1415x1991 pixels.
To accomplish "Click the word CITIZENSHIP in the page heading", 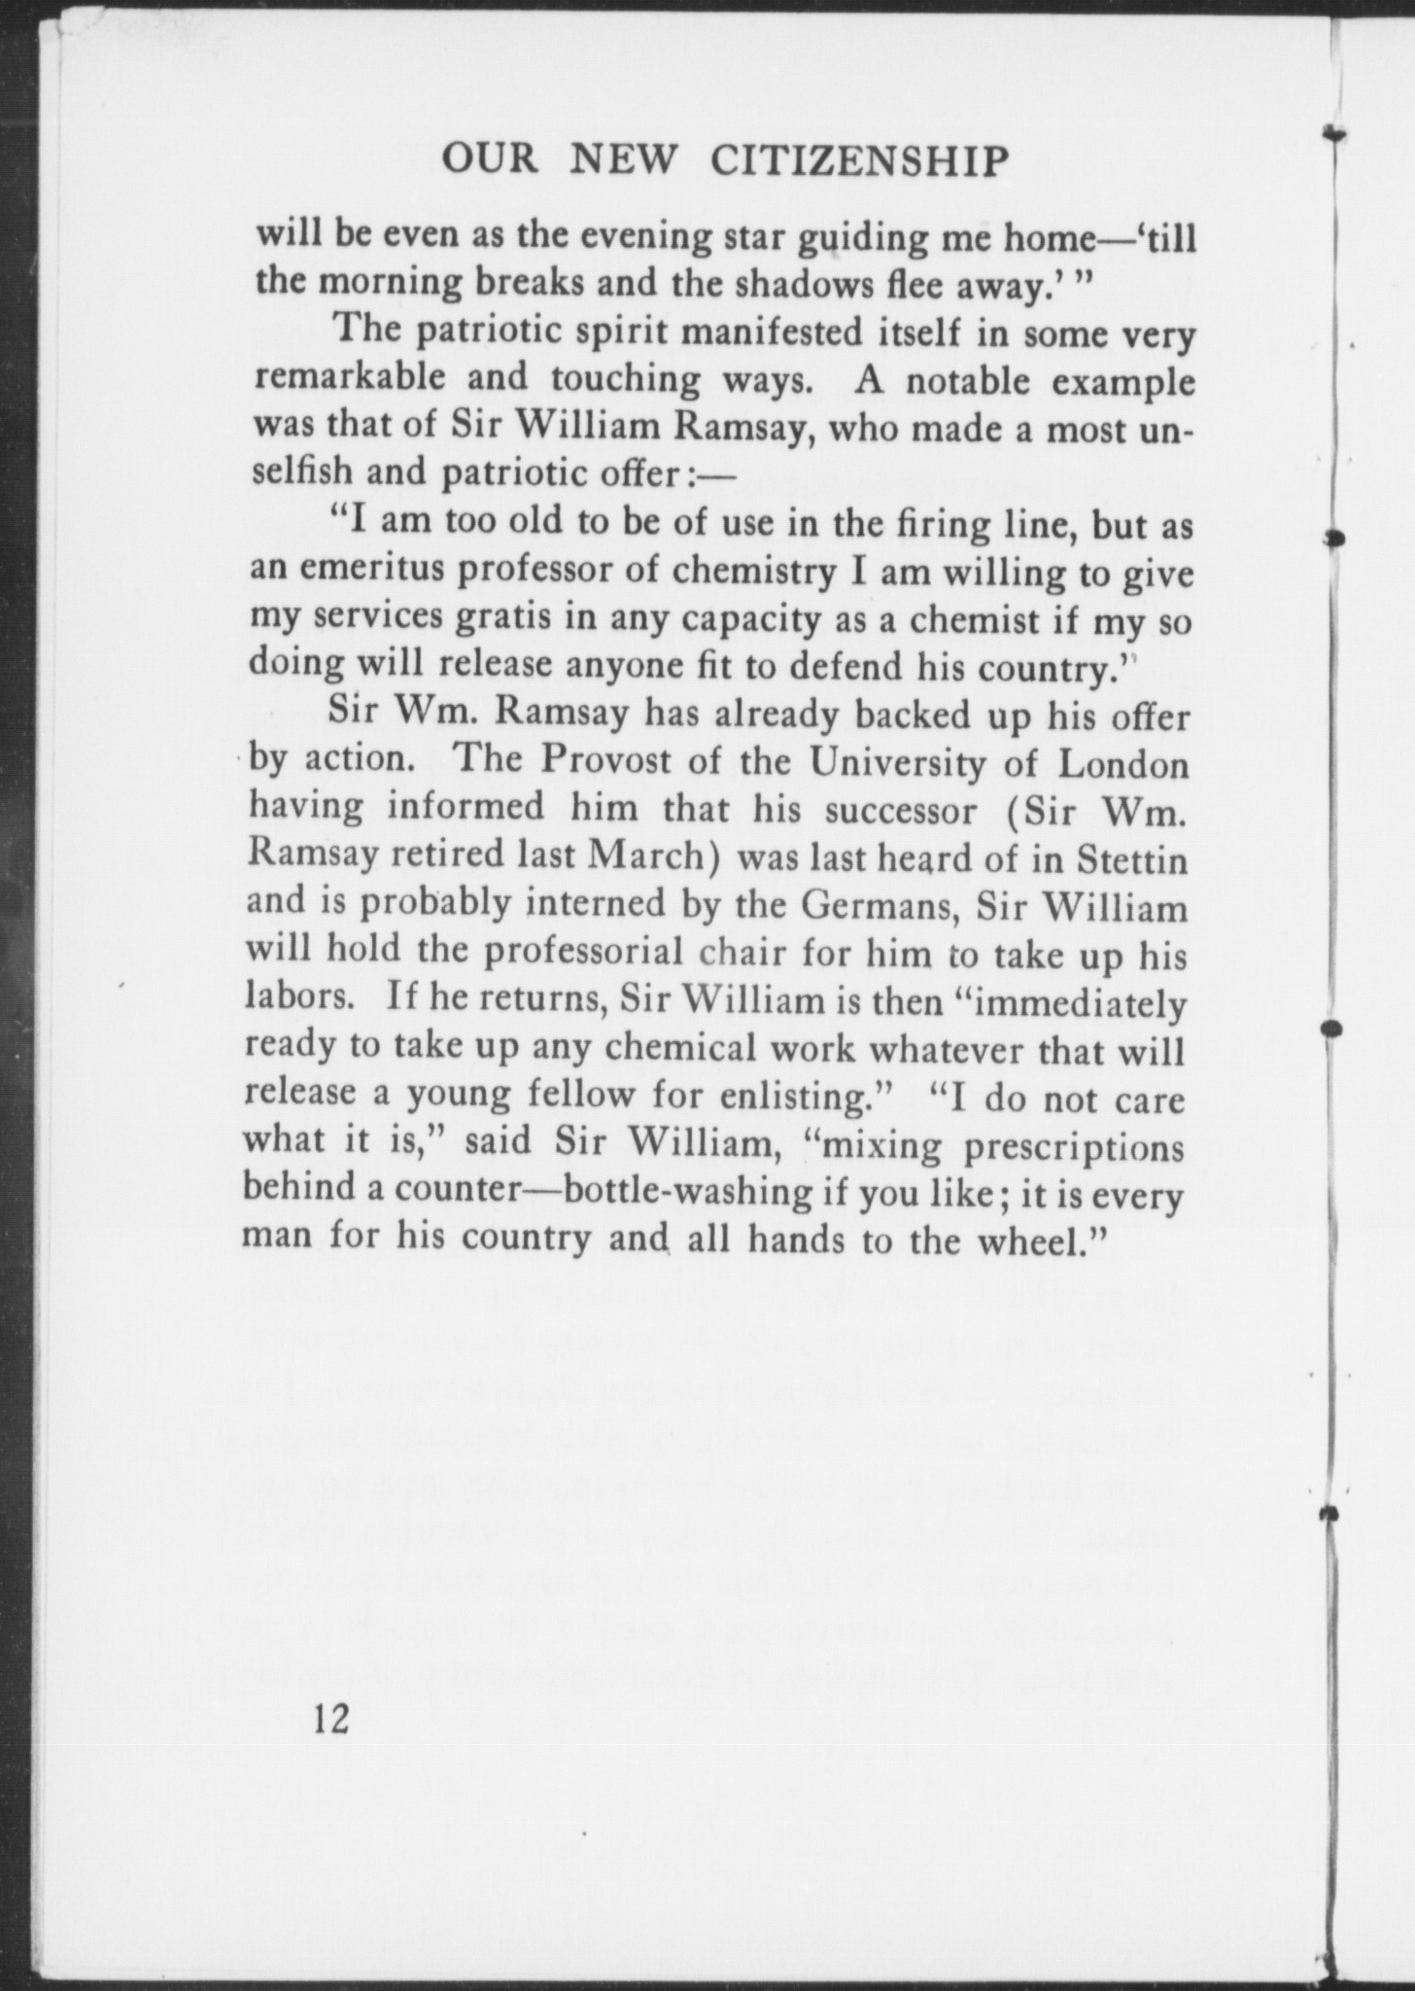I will coord(858,160).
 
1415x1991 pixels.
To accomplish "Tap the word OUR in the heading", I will coord(489,158).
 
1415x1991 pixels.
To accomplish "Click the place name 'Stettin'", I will coord(1132,859).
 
